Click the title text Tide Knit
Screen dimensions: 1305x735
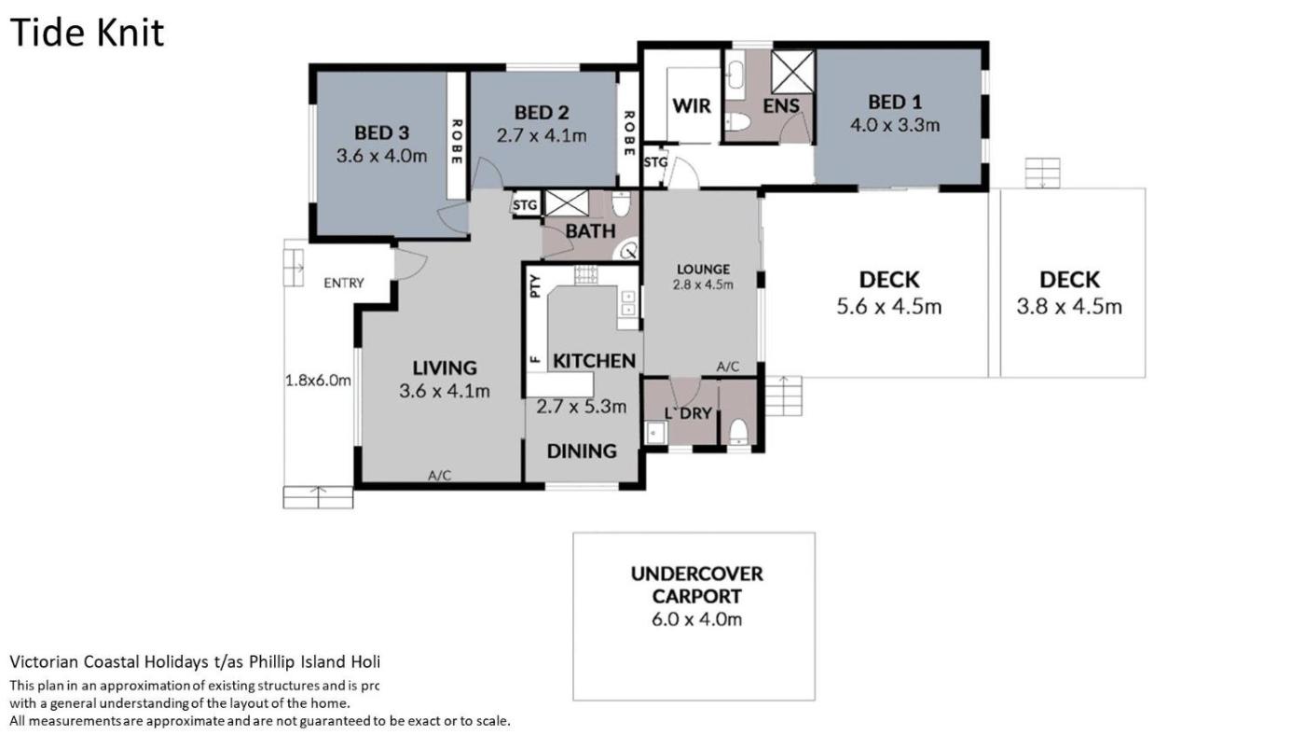[87, 33]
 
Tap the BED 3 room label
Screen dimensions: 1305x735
[381, 132]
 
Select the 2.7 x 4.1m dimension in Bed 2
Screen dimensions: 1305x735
[542, 136]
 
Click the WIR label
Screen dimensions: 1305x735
[692, 106]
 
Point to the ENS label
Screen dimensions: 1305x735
[781, 106]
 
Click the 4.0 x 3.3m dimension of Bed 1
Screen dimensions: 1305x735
[895, 125]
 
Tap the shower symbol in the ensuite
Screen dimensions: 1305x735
[792, 71]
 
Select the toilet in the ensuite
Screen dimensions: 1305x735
[738, 122]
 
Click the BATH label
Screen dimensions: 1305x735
[590, 231]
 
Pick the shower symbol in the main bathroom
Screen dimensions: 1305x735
[567, 202]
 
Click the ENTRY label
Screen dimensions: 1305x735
[344, 284]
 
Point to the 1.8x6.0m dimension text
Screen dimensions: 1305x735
[318, 381]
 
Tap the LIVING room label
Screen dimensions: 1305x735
[445, 367]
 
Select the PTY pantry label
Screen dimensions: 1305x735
[536, 286]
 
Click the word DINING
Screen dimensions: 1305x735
[582, 451]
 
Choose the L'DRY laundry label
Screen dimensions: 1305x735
[688, 413]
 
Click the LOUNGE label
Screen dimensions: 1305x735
[703, 270]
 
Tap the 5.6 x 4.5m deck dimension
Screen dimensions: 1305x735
[889, 307]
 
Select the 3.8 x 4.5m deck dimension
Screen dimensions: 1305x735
[1069, 307]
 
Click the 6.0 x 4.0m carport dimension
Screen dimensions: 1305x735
[697, 619]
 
